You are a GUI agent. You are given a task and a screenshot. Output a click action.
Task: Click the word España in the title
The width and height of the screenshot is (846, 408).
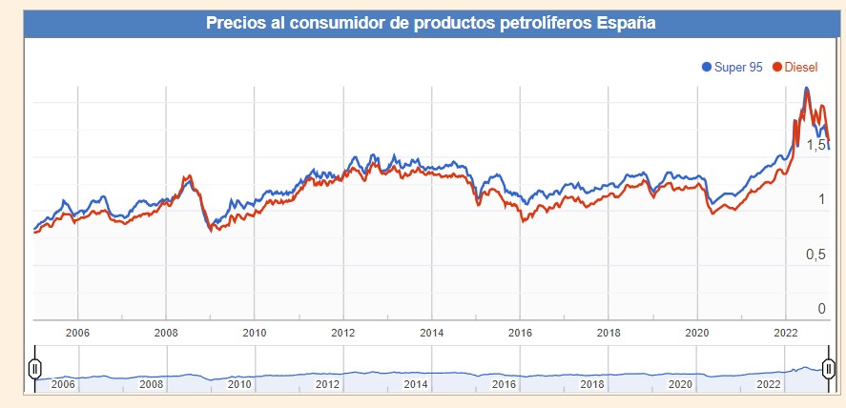629,22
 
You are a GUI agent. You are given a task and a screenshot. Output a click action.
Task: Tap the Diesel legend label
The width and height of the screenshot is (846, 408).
802,67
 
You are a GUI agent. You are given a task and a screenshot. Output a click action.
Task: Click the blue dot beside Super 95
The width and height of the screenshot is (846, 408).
707,67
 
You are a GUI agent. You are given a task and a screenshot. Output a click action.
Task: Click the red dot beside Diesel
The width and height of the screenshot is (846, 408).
777,67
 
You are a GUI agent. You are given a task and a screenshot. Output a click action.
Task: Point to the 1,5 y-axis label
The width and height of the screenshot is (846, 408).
815,145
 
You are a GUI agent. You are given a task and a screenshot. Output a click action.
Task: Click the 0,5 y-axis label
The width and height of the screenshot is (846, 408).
815,255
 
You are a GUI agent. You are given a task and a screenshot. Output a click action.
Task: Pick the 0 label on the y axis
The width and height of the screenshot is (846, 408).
821,308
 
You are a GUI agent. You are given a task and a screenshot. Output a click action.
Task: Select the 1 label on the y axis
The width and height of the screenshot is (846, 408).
821,199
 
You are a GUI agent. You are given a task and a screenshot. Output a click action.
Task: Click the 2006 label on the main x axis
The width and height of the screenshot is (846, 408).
77,333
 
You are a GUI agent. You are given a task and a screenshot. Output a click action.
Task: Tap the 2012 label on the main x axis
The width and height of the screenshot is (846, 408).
343,333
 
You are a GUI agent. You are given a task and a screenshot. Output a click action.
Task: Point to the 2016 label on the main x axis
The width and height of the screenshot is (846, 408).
520,333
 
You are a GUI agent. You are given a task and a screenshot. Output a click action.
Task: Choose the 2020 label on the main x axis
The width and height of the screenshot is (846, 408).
697,333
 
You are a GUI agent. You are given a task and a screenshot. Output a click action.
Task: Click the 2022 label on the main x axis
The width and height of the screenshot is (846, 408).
785,333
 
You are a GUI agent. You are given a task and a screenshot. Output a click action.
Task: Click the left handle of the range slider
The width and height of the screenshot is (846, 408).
34,368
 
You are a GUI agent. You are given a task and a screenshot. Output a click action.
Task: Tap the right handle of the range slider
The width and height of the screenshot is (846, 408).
829,368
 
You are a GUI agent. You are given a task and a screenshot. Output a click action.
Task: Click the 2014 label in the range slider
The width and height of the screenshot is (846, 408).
416,383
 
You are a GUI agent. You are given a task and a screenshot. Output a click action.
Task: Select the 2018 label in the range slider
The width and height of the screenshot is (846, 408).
592,383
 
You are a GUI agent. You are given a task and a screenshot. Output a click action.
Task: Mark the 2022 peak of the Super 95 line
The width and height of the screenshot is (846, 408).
807,88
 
